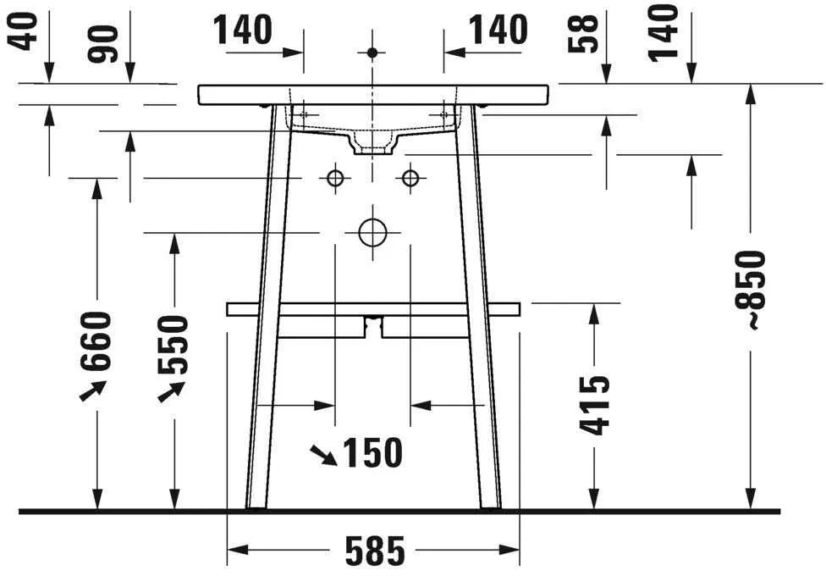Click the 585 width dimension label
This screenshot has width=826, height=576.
(374, 551)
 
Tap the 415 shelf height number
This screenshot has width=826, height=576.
(595, 406)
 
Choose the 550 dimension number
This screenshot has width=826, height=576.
(173, 344)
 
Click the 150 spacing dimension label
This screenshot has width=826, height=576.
(372, 454)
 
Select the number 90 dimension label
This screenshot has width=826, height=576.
(107, 43)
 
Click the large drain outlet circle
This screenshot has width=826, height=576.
(372, 231)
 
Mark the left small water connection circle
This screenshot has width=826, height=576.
(335, 178)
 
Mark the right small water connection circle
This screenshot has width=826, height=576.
(410, 178)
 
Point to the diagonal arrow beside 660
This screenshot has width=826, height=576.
(92, 390)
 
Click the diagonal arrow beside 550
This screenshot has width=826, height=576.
(171, 390)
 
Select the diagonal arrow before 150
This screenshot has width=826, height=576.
(322, 456)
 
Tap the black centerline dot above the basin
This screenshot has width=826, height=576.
(372, 53)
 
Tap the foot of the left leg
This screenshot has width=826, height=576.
(255, 506)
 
